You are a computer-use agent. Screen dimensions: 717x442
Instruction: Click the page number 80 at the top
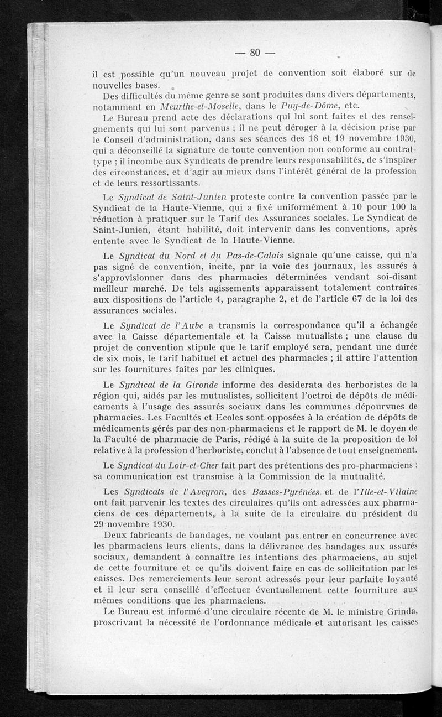pos(255,53)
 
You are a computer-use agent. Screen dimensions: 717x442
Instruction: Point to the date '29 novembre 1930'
pos(133,523)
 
